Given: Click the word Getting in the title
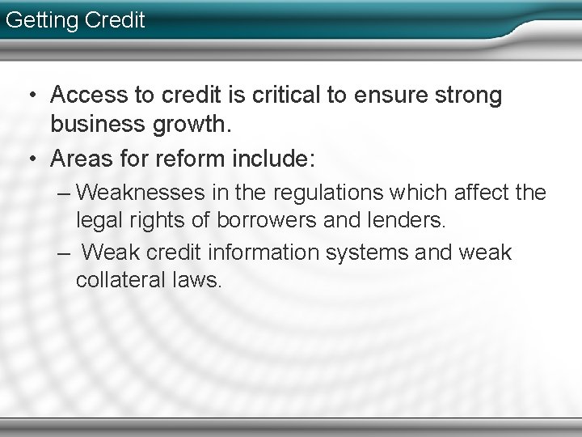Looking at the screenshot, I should (x=38, y=20).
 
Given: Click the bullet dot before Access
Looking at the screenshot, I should (x=30, y=96).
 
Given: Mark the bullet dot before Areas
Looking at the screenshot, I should (x=30, y=159).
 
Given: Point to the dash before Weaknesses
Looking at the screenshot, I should (x=65, y=193).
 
